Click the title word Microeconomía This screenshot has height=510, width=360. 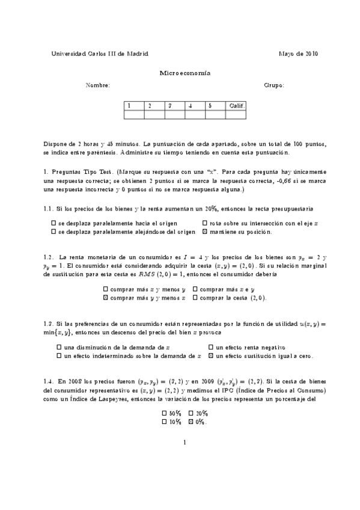185,73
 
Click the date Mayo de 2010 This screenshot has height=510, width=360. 299,54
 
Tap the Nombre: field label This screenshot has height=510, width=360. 98,86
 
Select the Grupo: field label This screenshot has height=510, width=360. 274,86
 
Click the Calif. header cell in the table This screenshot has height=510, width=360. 236,105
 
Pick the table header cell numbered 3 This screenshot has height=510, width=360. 174,105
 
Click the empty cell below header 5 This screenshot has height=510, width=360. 215,114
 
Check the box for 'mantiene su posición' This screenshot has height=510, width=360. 205,232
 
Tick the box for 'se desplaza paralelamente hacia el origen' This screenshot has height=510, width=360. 54,223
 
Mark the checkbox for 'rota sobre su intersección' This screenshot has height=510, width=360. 205,223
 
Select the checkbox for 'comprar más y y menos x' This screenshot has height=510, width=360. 106,298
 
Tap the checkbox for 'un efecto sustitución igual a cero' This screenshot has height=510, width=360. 211,356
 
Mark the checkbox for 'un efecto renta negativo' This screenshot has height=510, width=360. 211,348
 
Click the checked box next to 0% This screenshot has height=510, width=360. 191,422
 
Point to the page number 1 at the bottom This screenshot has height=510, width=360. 185,444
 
